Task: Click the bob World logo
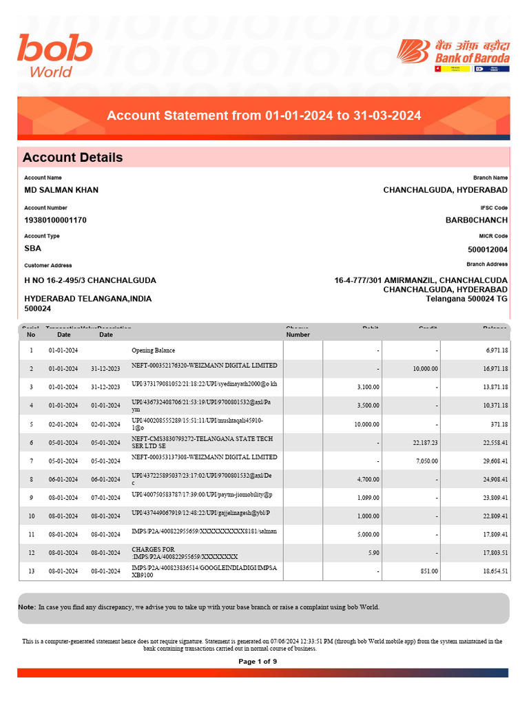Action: point(55,56)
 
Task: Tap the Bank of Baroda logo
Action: point(454,55)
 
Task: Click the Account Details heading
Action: point(72,158)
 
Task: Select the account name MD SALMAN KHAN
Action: point(61,190)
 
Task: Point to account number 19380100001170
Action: point(55,220)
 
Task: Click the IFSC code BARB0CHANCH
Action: point(477,220)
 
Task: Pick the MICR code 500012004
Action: point(488,250)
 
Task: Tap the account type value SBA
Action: point(32,249)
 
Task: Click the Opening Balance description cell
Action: point(153,350)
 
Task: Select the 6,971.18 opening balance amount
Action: point(496,350)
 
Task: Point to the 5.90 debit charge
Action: point(373,553)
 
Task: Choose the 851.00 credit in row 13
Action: point(429,571)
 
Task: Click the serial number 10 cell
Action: point(31,516)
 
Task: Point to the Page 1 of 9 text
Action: point(258,662)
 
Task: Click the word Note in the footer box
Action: point(27,607)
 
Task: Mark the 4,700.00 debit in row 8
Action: point(367,479)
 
